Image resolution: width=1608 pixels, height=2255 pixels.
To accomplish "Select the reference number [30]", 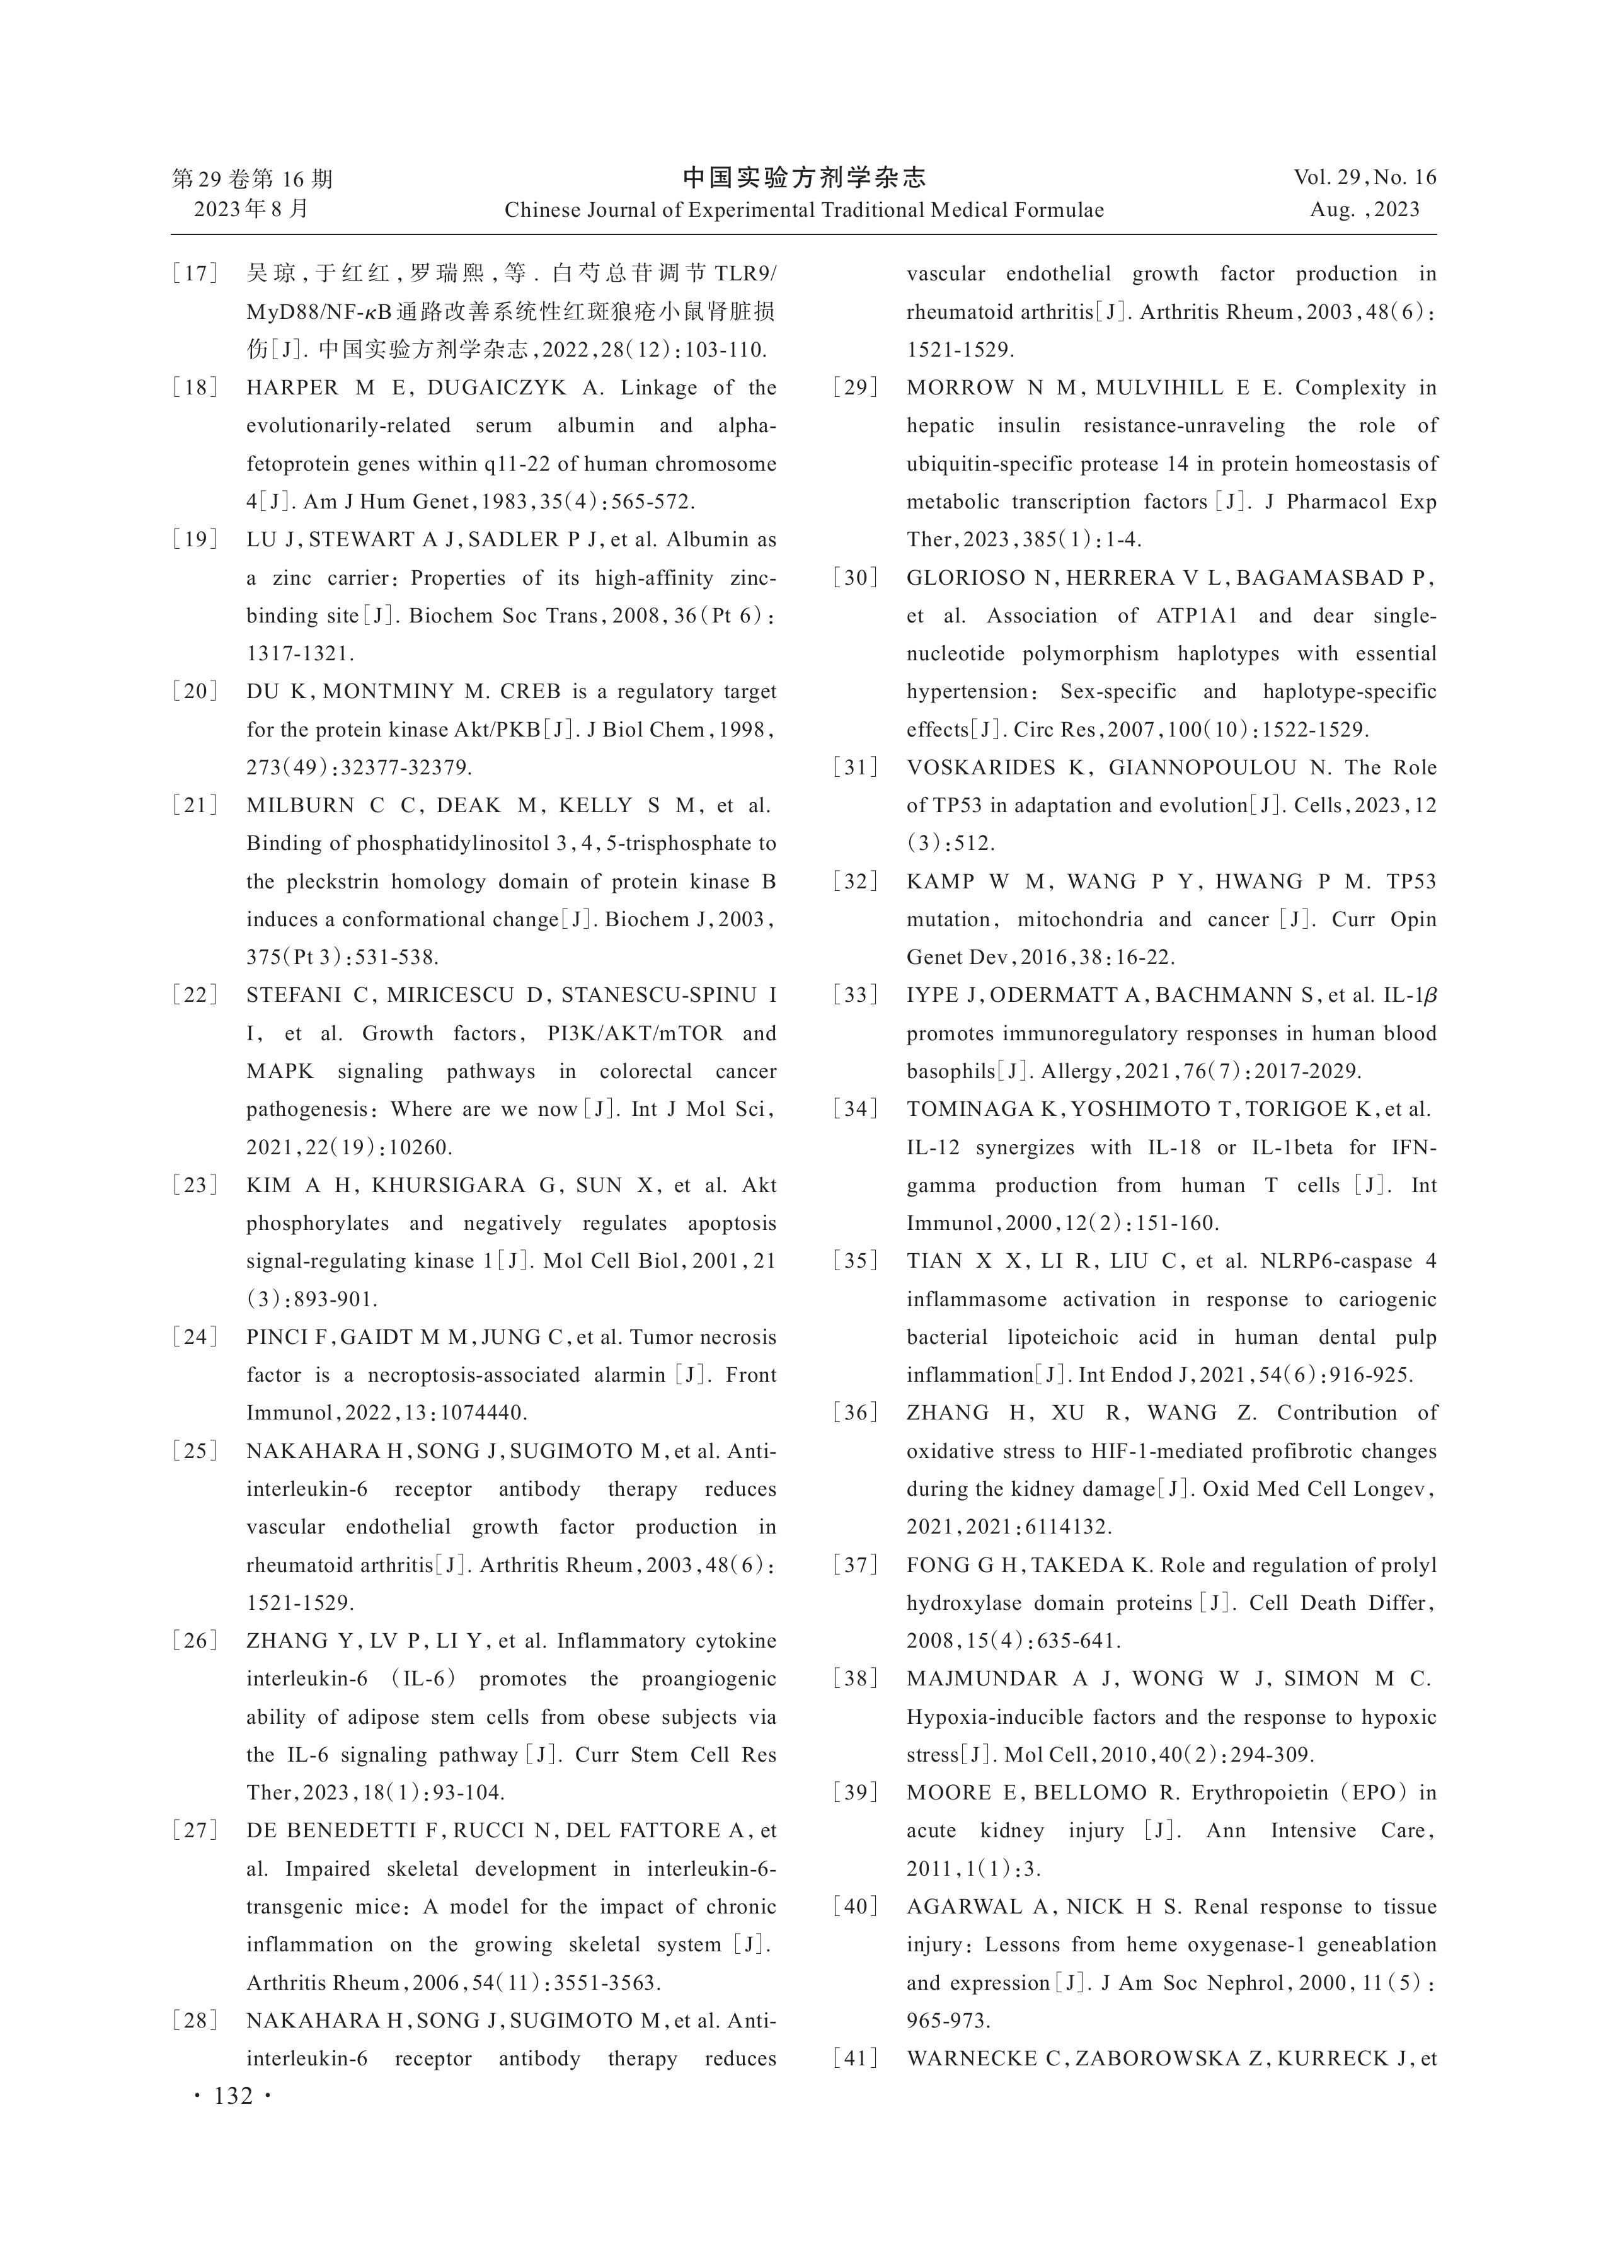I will (856, 578).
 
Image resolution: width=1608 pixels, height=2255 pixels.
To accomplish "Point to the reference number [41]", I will (856, 2059).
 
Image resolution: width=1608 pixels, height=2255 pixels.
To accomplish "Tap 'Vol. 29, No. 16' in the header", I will (1364, 178).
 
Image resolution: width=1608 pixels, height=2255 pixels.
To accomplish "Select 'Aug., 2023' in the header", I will (1364, 210).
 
